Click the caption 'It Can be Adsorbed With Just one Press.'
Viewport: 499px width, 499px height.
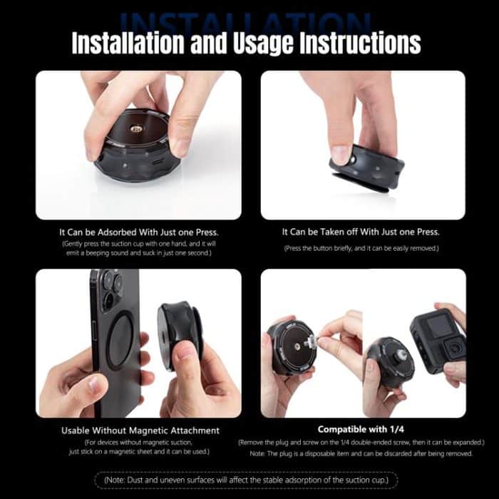(x=138, y=232)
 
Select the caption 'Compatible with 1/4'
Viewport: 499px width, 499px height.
(x=362, y=430)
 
